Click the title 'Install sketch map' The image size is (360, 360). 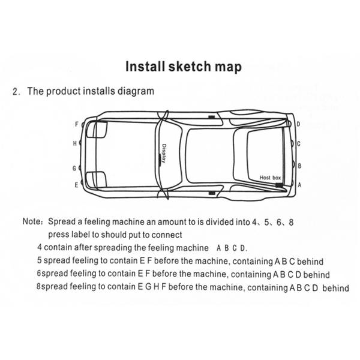coord(183,67)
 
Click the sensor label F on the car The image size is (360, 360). coord(76,124)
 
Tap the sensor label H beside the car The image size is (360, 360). coord(75,143)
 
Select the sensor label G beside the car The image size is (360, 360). coord(75,168)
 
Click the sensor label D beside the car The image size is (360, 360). coord(298,124)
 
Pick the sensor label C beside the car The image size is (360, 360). coord(299,145)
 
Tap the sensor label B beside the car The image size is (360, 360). coord(299,166)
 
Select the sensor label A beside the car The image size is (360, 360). coord(299,185)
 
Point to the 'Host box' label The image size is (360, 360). coord(270,178)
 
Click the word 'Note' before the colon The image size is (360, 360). coord(32,221)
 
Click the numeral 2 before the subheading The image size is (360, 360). coord(16,92)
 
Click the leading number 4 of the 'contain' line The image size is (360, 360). coord(39,247)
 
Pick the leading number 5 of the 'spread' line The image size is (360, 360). coord(39,261)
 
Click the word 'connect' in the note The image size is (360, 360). coord(167,235)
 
